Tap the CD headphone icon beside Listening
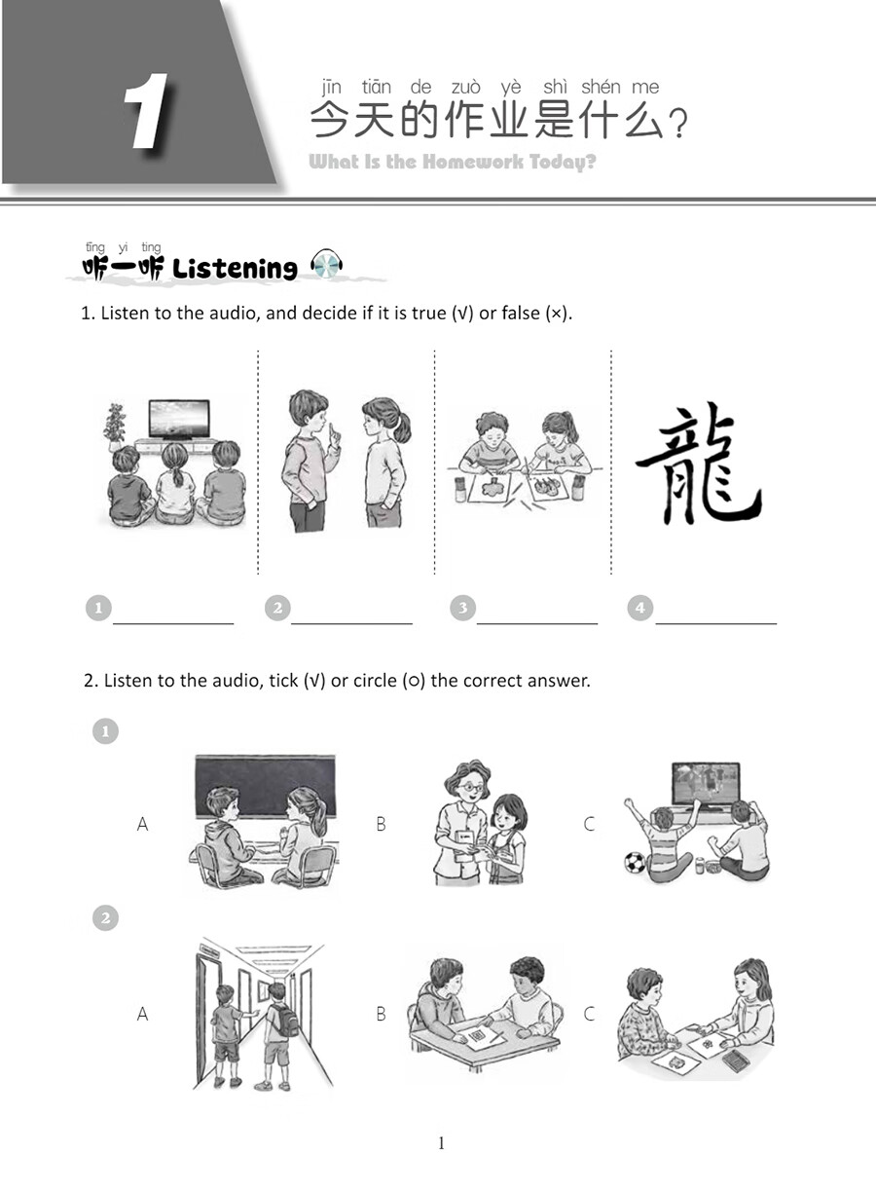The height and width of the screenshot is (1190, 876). [x=326, y=265]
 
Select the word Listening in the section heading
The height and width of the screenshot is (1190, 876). [x=235, y=269]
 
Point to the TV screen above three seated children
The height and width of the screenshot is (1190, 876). [x=178, y=418]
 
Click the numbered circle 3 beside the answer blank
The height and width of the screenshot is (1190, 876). [x=462, y=609]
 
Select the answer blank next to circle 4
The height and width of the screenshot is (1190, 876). [x=715, y=614]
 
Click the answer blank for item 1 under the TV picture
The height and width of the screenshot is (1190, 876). [x=173, y=614]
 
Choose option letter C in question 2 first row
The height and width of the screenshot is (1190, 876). [x=589, y=824]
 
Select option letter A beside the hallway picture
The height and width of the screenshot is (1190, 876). [x=142, y=1014]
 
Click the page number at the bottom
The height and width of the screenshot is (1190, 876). [x=441, y=1143]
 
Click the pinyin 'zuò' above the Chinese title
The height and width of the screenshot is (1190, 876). [x=465, y=88]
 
